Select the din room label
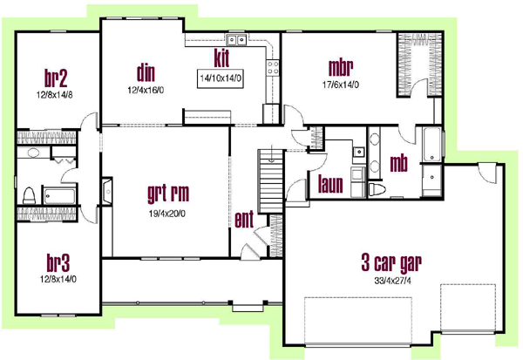pyautogui.click(x=146, y=71)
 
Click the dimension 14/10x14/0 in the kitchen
pyautogui.click(x=221, y=78)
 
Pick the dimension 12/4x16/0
pyautogui.click(x=146, y=88)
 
